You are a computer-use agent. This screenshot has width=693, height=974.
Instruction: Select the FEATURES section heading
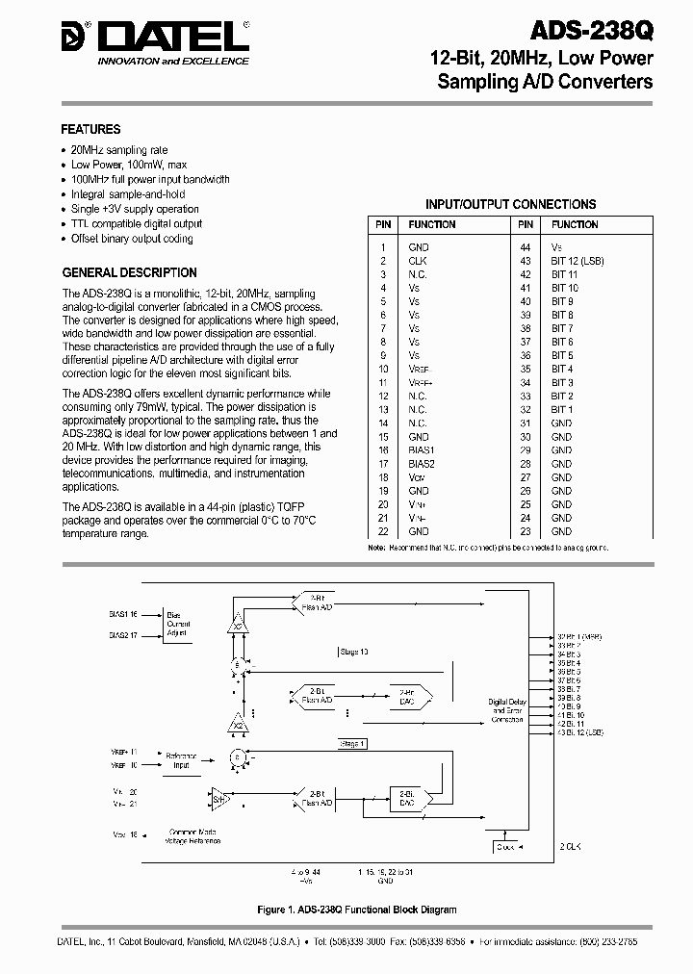tap(90, 129)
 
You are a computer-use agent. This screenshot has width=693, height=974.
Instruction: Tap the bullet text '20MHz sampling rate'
tap(119, 150)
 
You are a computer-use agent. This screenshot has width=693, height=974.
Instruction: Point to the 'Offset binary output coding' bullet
tap(132, 238)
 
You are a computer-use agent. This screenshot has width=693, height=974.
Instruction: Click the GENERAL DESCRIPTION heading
tap(129, 272)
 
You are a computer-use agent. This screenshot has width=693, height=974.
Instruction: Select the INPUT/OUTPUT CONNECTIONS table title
tap(510, 204)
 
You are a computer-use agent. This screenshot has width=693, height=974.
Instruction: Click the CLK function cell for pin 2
tap(417, 261)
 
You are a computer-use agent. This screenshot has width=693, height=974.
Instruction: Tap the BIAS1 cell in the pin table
tap(421, 449)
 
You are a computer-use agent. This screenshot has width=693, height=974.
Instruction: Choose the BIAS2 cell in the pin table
tap(421, 463)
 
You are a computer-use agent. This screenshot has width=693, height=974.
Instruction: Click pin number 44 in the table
tap(526, 247)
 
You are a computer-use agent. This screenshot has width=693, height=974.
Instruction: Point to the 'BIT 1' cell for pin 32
tap(562, 409)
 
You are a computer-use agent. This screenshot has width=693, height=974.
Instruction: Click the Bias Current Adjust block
tap(179, 624)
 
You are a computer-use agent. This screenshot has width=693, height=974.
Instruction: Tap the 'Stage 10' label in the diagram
tap(354, 652)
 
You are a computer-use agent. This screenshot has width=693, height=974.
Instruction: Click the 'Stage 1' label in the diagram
tap(352, 743)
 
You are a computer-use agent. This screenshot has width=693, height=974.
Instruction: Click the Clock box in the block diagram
tap(506, 847)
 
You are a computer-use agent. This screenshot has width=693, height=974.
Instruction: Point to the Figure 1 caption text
tap(357, 909)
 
